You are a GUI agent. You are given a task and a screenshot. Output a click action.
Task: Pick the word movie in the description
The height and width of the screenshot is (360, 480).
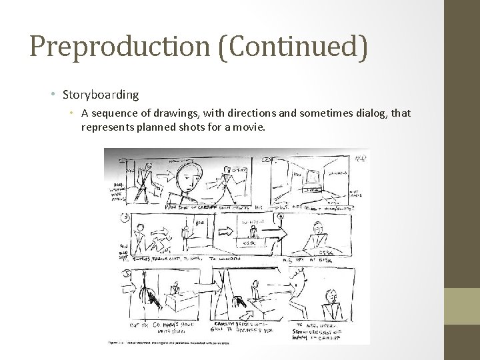250,125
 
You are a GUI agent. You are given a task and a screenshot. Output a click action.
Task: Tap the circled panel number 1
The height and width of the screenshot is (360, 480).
125,161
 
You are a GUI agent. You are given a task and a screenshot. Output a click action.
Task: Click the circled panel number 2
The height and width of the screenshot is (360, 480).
267,160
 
